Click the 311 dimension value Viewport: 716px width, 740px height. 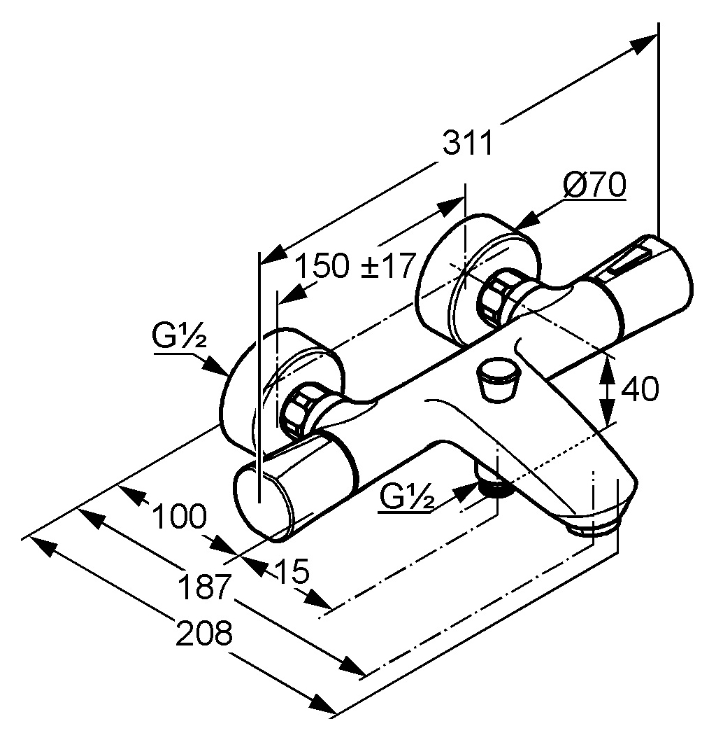point(468,142)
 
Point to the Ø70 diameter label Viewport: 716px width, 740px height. point(595,185)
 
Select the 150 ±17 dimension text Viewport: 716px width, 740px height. point(356,265)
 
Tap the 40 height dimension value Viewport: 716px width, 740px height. point(639,389)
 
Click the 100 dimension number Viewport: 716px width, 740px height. point(180,516)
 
